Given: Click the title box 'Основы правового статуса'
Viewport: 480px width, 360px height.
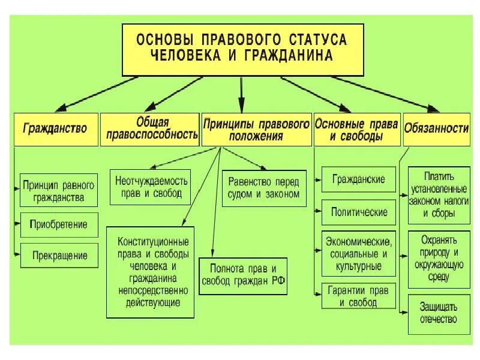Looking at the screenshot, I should pos(242,47).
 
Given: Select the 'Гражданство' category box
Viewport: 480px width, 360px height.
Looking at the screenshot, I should pos(55,128).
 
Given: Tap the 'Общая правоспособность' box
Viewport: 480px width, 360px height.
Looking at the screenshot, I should pos(151,128).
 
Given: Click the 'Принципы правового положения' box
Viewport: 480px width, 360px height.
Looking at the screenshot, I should pos(256,128).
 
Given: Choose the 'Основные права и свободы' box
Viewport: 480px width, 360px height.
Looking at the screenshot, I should pos(356,128).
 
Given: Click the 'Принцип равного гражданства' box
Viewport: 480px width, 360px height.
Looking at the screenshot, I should pos(58,189).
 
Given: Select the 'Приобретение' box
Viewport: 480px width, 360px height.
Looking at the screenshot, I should pos(59,225).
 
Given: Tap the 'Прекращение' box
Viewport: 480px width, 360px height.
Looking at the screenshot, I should pos(59,255).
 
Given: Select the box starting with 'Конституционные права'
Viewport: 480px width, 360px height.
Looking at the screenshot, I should pos(151,272).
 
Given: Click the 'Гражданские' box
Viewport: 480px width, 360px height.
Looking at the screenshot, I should pos(358,179).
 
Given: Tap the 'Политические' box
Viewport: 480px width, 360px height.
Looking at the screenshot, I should pos(359,212).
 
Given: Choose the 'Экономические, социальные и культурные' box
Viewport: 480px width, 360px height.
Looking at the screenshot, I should pos(359,253).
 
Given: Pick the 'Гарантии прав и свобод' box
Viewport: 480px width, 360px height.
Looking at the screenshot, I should pos(359,296).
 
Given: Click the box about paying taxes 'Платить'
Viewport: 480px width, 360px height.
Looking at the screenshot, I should pos(439,194).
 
